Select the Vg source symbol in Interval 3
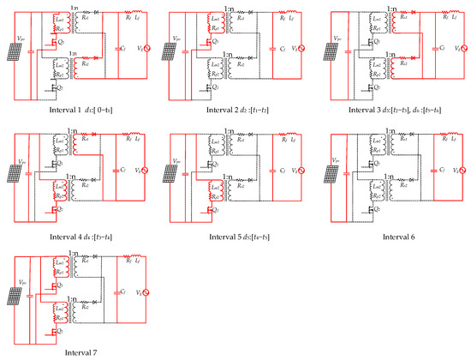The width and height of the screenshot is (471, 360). [x=458, y=50]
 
